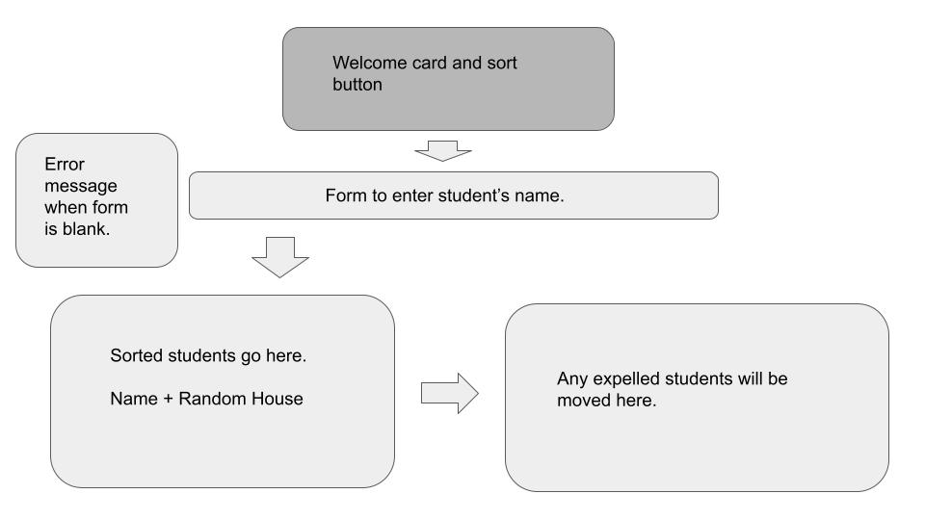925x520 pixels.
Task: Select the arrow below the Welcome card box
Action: (x=441, y=152)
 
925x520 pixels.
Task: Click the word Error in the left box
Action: (x=65, y=165)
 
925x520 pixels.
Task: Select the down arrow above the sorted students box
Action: (x=279, y=256)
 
